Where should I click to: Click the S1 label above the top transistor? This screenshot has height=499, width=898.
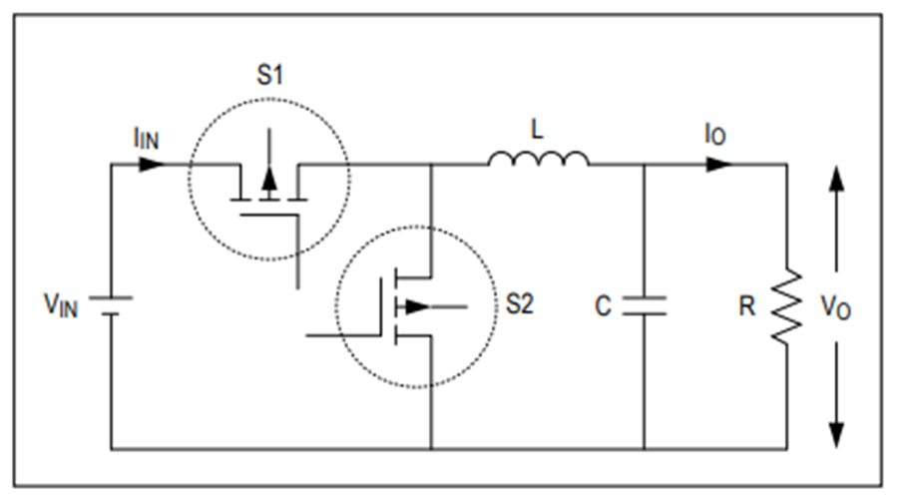point(269,75)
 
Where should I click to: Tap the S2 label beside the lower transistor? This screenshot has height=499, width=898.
point(520,303)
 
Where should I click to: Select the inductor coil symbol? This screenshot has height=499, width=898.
point(538,159)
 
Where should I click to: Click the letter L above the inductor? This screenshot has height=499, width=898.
point(537,130)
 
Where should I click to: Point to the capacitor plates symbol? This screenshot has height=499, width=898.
point(645,306)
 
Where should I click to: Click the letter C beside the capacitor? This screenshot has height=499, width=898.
point(603,306)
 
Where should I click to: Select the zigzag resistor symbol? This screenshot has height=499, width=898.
point(787,306)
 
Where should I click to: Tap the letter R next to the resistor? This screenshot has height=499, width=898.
point(746,306)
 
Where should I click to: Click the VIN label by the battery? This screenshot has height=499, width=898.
point(61,305)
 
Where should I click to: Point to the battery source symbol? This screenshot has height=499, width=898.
point(111,306)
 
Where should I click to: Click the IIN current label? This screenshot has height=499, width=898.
point(146,139)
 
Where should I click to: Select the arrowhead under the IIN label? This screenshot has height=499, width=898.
point(152,165)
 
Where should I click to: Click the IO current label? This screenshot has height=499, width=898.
point(715,135)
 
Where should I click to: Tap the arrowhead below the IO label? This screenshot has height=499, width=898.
point(719,165)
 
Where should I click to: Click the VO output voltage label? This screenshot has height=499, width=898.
point(835,307)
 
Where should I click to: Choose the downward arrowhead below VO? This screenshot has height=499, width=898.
point(837,435)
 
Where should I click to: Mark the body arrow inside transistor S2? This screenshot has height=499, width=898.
point(417,306)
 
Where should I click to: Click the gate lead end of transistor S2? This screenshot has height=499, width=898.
point(307,335)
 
